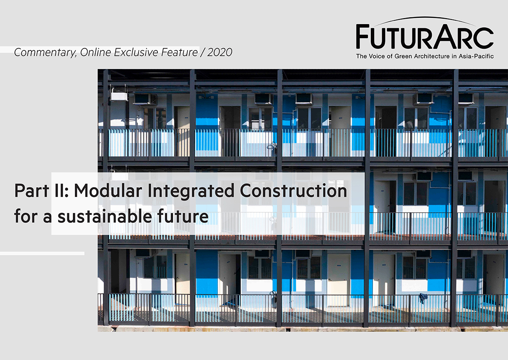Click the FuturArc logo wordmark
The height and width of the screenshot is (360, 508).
(425, 36)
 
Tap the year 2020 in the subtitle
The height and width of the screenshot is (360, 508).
(220, 53)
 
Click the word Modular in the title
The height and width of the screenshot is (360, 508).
(108, 191)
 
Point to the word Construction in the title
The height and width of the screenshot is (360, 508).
(293, 191)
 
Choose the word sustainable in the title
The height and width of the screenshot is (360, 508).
(105, 216)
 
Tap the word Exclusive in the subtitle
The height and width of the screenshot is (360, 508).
(136, 53)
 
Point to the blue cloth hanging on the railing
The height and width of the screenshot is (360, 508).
(423, 298)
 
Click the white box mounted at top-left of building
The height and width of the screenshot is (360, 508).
(119, 96)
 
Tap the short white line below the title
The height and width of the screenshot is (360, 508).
(42, 253)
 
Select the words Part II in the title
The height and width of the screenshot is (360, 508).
(41, 191)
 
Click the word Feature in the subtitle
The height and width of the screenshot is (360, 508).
(179, 53)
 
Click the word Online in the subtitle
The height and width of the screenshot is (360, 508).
(95, 53)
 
